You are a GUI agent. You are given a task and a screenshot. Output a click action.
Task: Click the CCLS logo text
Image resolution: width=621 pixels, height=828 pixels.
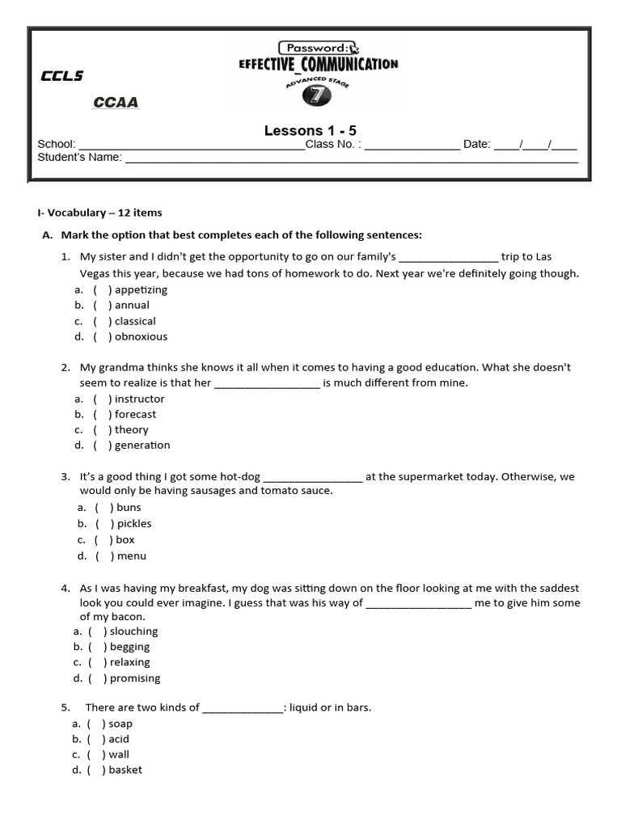point(61,76)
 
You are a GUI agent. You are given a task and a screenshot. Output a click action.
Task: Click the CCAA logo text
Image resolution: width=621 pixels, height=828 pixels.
point(116,103)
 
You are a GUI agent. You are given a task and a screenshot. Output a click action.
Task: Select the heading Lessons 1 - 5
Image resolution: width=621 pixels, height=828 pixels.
point(310,130)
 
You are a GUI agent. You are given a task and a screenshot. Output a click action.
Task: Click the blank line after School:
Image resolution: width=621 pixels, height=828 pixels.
point(190,145)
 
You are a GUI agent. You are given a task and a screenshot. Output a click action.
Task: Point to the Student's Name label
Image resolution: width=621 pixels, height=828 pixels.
point(79,158)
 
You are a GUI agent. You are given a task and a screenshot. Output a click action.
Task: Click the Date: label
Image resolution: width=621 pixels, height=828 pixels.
point(476,145)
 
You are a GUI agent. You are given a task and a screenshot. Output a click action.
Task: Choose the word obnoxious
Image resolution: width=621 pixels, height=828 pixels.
point(141,336)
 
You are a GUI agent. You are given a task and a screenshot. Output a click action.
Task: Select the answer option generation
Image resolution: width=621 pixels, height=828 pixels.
point(142,445)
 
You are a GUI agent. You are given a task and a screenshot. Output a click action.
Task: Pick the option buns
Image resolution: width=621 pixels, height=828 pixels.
point(129,507)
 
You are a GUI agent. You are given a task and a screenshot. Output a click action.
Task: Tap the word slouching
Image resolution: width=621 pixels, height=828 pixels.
point(134,631)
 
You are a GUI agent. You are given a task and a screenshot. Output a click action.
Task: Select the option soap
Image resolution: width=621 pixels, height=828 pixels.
point(120,724)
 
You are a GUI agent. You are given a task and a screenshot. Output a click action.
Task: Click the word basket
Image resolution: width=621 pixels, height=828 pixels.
point(125,770)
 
